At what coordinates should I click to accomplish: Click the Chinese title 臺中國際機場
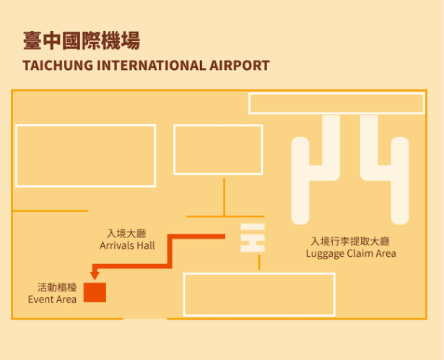[x=81, y=40]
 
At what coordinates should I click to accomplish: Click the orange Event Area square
[x=95, y=292]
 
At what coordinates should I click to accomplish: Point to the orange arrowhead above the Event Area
[x=93, y=275]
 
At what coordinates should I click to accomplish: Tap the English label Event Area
[x=53, y=299]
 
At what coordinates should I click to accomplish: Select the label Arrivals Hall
[x=127, y=245]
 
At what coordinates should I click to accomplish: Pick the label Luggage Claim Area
[x=351, y=253]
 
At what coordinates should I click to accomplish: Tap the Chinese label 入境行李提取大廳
[x=351, y=241]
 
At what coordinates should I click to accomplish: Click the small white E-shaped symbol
[x=253, y=238]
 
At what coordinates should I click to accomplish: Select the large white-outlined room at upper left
[x=85, y=155]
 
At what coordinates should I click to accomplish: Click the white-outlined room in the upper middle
[x=218, y=149]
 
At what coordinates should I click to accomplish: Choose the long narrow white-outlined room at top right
[x=336, y=103]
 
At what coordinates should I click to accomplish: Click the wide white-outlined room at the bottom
[x=259, y=294]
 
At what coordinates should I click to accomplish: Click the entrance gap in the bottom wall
[x=145, y=318]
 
